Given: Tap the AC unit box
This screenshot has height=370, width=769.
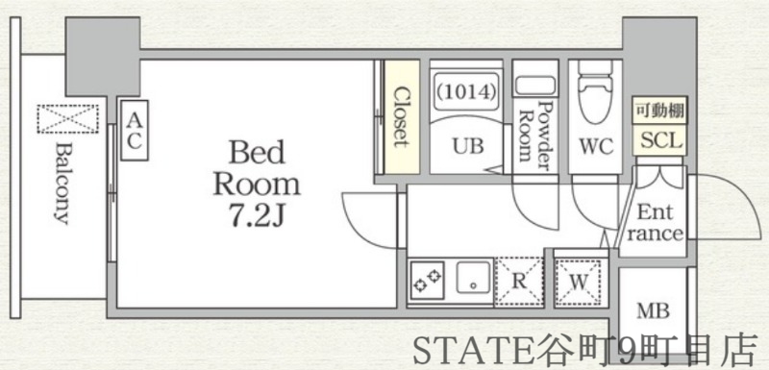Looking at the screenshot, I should point(135,130).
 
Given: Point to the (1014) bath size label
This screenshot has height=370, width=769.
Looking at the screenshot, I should point(466,93).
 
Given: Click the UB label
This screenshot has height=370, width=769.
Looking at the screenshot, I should point(467,146).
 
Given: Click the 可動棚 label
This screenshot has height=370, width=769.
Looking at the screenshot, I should point(658,111).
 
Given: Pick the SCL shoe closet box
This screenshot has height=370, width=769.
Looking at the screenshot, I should point(659,140).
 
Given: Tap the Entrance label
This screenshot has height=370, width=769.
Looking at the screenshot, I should point(658,224).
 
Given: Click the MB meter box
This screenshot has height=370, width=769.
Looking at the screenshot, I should point(653,311).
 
